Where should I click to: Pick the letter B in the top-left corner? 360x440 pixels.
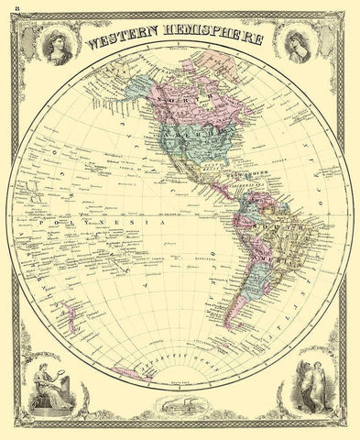pos(8,8)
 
